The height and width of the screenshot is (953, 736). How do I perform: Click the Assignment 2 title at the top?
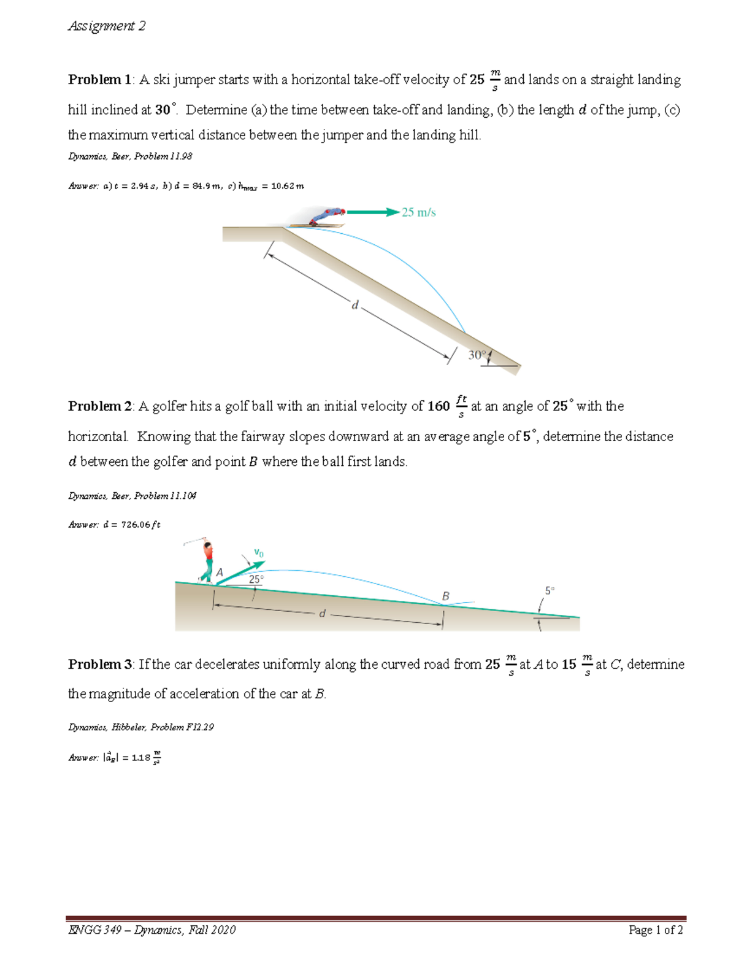107,26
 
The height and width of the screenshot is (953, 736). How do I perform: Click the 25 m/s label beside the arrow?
419,212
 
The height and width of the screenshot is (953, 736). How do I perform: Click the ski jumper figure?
325,216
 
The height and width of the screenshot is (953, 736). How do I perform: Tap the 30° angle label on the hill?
477,355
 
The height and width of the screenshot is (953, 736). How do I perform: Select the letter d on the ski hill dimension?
355,304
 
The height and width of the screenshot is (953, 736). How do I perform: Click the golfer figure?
207,560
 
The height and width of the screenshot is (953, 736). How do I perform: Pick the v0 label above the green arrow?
259,553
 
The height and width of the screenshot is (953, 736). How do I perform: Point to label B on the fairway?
446,596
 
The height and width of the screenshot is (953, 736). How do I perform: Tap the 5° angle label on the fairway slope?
550,590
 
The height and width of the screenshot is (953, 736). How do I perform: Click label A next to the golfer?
220,573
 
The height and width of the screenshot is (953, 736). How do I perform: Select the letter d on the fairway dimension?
322,613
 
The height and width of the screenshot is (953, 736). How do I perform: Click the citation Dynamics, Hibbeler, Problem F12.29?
141,727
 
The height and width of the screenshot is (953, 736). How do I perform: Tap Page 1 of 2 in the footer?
656,930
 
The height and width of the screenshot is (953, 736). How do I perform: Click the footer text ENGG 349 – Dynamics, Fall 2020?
152,930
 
